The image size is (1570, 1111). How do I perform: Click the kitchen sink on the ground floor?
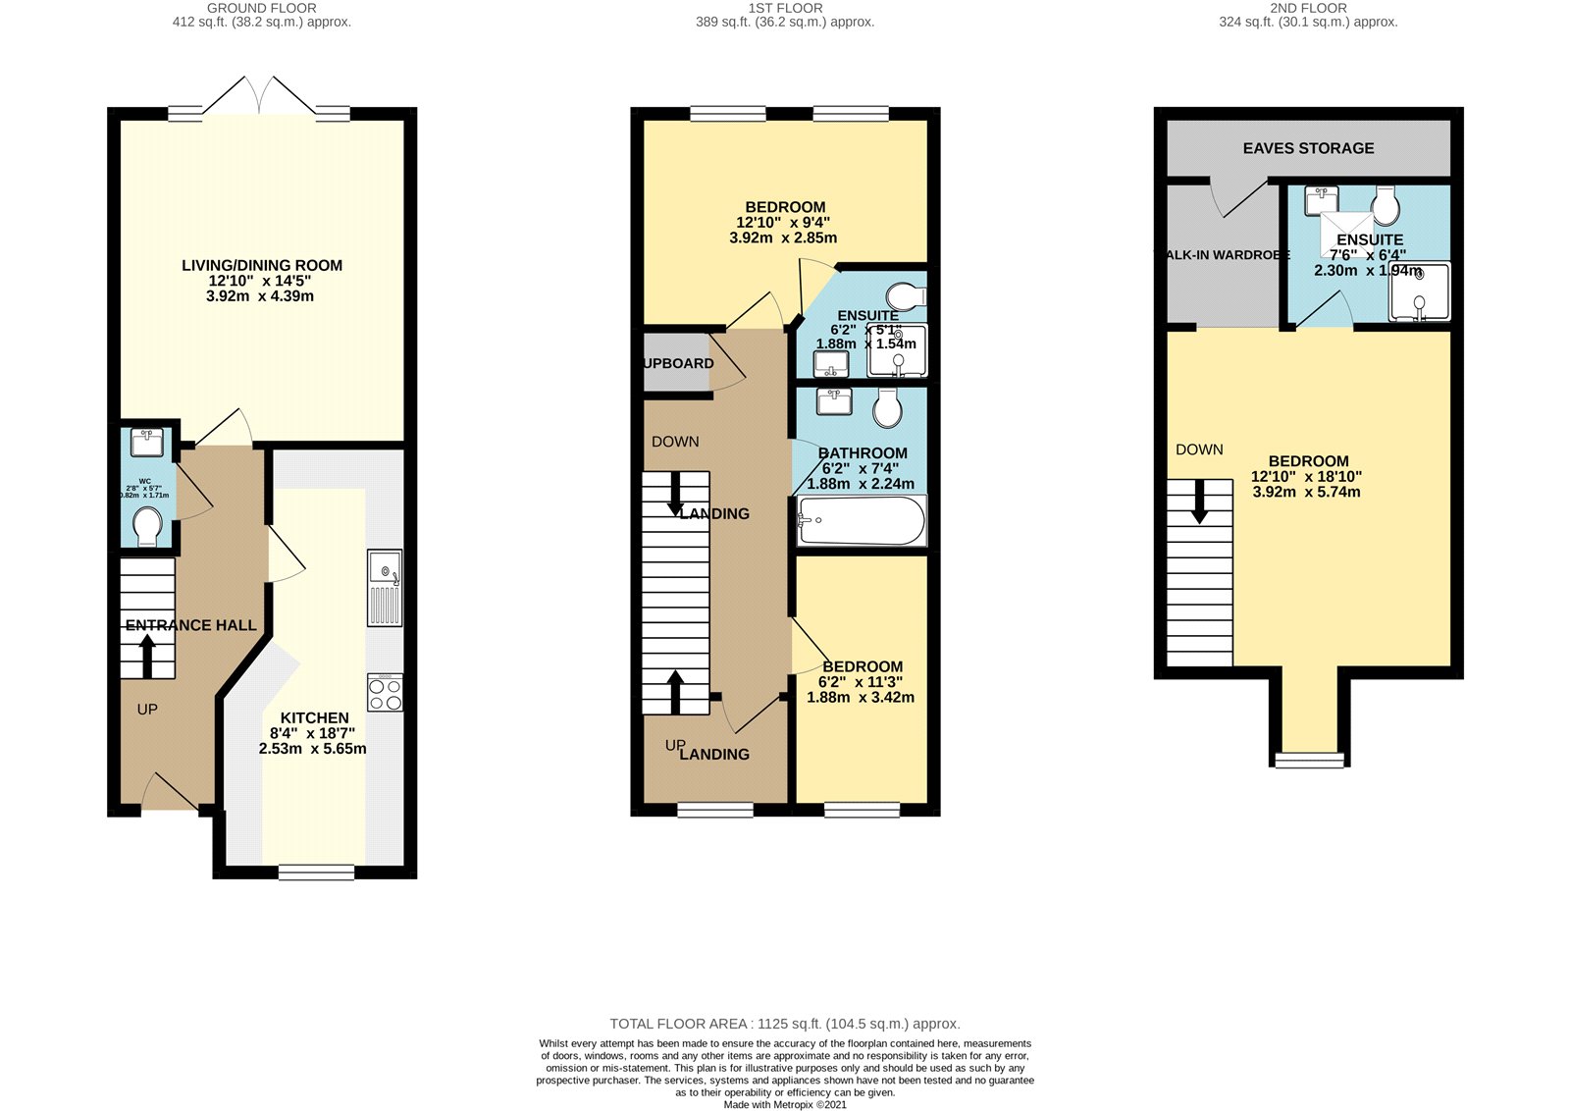click(385, 587)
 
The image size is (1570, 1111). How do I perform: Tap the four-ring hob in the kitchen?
click(385, 693)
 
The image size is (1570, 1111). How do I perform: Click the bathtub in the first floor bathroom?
click(862, 521)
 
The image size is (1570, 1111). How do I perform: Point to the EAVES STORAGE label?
click(1308, 148)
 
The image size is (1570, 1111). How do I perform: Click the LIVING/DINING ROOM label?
click(262, 265)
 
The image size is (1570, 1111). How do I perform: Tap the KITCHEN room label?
click(314, 718)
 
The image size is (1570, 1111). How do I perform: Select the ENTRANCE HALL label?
click(190, 625)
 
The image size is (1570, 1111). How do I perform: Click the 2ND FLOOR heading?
click(1308, 8)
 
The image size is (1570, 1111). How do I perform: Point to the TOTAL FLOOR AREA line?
click(785, 1024)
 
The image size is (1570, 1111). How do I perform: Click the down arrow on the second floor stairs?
click(1199, 504)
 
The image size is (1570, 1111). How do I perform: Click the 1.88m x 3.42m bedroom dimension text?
click(861, 698)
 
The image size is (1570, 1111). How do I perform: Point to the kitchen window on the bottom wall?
click(316, 872)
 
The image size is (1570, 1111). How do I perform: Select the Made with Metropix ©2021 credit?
click(785, 1104)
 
